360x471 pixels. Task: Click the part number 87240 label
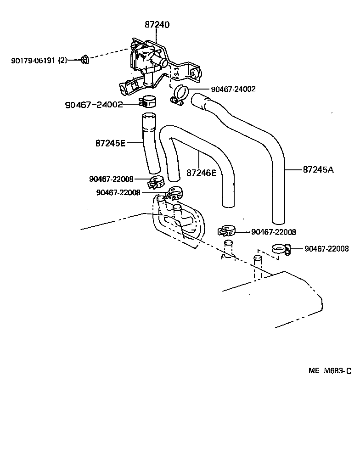click(x=157, y=24)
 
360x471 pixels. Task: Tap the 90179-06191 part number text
click(x=34, y=60)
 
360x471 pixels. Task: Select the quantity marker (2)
click(x=63, y=60)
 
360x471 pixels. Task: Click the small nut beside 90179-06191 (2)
click(x=84, y=59)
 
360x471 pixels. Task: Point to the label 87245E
click(x=110, y=143)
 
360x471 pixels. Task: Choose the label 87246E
click(x=201, y=173)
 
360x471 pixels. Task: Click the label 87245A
click(x=318, y=169)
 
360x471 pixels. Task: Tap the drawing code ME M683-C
click(x=330, y=371)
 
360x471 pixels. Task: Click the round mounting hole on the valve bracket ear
click(x=195, y=74)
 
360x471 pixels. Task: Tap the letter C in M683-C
click(x=349, y=371)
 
